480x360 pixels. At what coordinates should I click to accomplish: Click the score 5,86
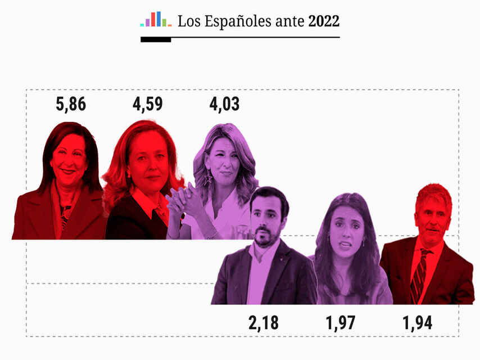[x=71, y=105]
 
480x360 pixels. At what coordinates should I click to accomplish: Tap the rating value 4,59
[x=148, y=105]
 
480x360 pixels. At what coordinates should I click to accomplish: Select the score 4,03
[x=224, y=105]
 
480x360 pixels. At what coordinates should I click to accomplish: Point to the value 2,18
[x=263, y=323]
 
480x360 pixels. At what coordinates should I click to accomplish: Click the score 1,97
[x=341, y=323]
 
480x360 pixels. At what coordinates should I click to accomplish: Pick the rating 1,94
[x=418, y=323]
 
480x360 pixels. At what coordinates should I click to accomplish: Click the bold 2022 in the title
[x=324, y=22]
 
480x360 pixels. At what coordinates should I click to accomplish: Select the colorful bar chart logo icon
[x=156, y=20]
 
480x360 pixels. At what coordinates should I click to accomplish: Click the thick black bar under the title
[x=156, y=39]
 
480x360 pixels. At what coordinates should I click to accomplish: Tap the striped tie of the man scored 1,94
[x=419, y=276]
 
